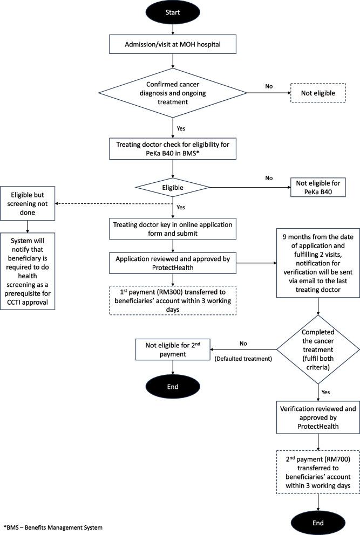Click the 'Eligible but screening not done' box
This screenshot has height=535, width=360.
(29, 203)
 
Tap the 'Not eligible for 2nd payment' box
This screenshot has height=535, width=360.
(172, 349)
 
